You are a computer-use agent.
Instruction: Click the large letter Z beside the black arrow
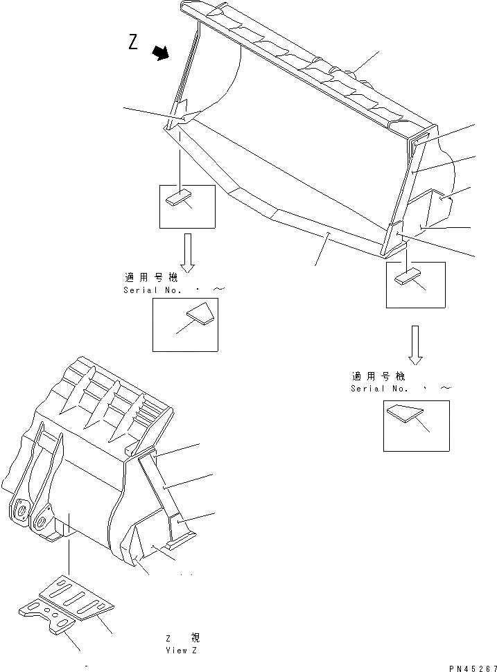[133, 42]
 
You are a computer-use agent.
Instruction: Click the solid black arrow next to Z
[162, 53]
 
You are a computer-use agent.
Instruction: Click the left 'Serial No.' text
[152, 290]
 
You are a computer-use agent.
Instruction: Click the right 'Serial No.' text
[378, 389]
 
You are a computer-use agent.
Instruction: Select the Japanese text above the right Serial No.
[378, 376]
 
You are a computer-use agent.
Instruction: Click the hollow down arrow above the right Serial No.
[415, 344]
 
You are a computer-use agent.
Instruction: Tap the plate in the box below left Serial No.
[200, 315]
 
